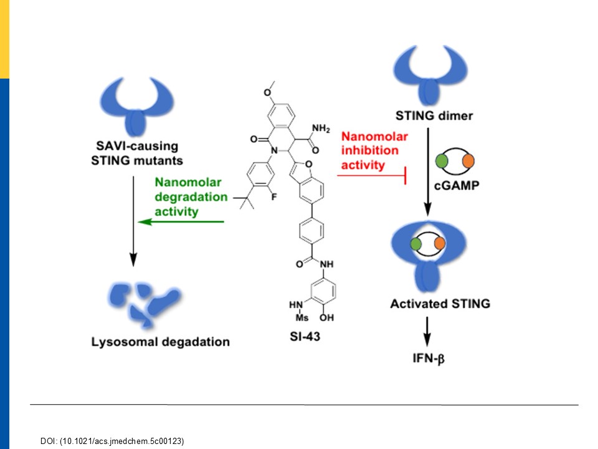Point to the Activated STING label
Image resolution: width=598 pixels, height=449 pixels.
pos(440,304)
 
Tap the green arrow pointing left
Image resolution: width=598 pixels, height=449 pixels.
pos(181,221)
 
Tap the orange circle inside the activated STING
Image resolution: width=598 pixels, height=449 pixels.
pos(440,243)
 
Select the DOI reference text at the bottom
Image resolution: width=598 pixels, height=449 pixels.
pos(112,441)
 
